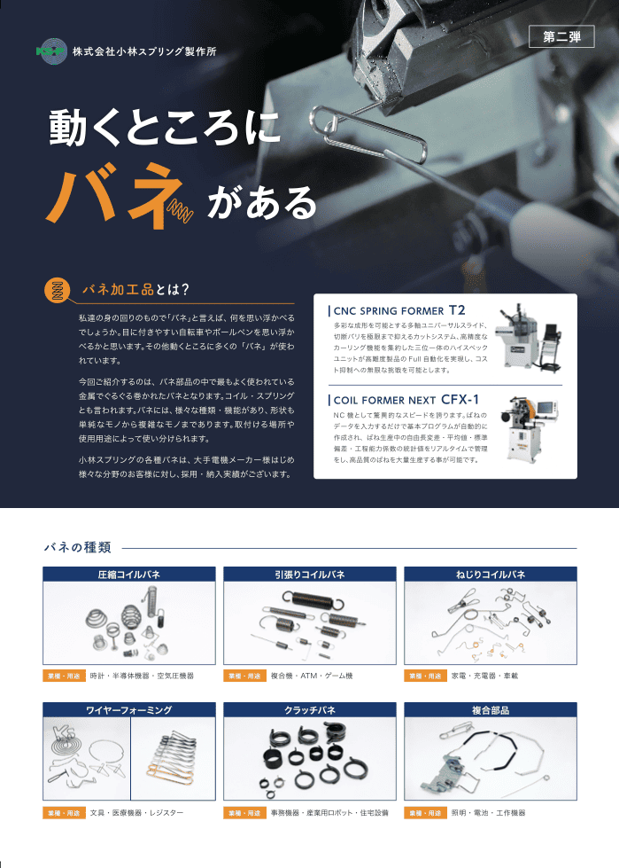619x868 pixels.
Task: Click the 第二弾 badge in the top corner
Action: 561,37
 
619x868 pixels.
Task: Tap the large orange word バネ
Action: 105,194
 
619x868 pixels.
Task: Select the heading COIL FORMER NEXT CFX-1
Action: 406,400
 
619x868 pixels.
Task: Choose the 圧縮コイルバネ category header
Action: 129,575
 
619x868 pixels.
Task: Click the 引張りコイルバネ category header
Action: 310,575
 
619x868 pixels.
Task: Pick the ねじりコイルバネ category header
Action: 491,575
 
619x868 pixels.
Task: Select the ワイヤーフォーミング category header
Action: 129,710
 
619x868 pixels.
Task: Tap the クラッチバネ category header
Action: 310,710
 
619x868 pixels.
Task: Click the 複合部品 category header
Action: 491,710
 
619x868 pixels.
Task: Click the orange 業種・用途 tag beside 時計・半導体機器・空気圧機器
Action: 64,676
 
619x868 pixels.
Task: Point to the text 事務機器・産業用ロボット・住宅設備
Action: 329,812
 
